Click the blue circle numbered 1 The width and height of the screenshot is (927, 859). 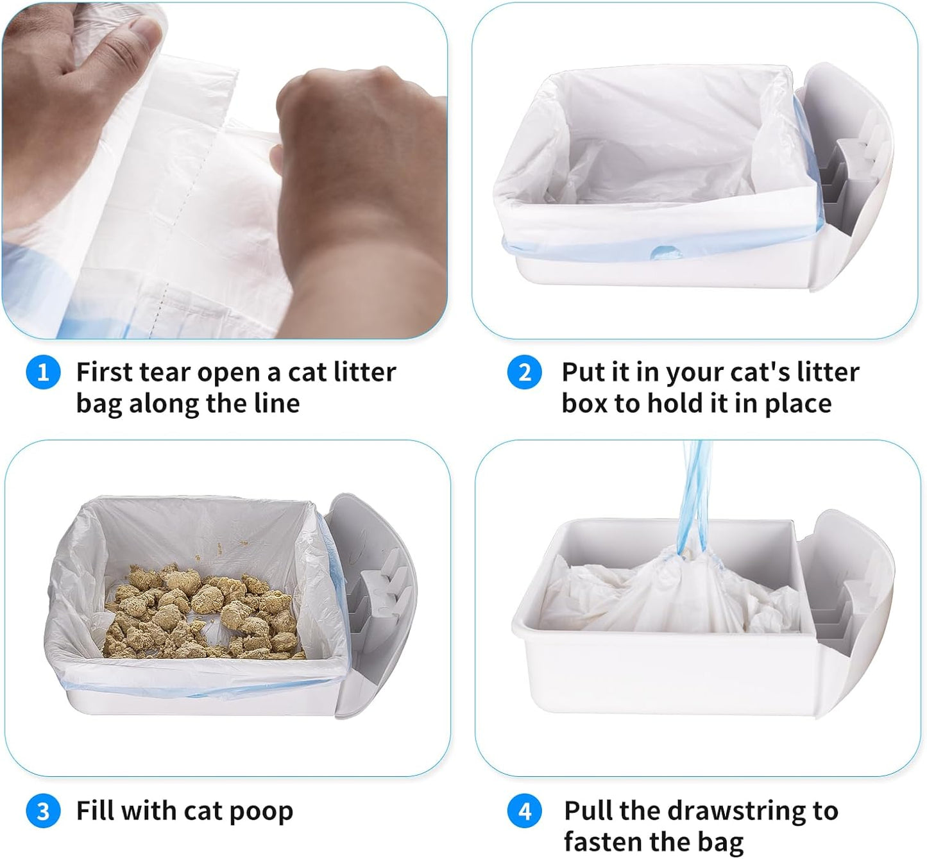point(43,372)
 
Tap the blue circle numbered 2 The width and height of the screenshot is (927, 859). point(524,372)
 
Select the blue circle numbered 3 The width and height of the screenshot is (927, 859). point(43,812)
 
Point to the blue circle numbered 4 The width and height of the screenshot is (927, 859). point(524,812)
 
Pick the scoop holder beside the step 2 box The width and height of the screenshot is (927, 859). point(847,173)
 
